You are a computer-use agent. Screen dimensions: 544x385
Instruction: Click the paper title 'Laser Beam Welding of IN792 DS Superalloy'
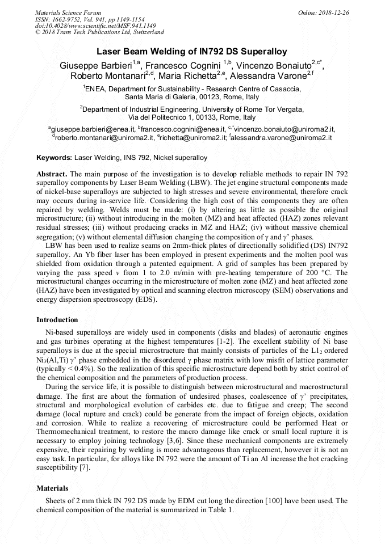pos(192,51)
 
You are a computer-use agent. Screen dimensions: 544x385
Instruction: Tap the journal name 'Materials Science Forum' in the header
pos(68,12)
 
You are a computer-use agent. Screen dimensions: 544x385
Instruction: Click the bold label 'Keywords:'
pos(54,157)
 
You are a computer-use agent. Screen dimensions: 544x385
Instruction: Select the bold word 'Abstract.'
pos(52,173)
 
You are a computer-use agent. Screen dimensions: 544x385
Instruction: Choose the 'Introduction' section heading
pos(57,320)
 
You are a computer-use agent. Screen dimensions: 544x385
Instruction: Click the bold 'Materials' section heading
pos(52,488)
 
